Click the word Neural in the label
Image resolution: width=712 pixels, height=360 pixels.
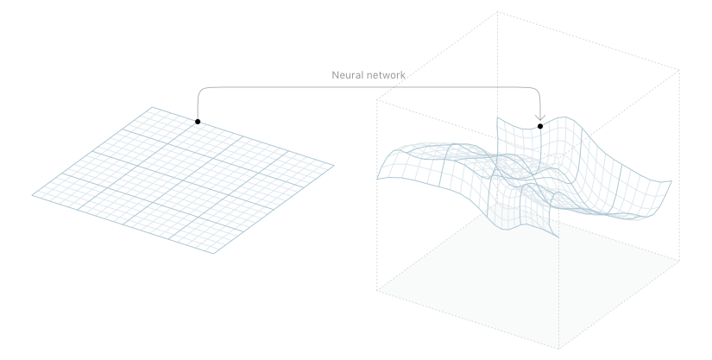[x=349, y=75]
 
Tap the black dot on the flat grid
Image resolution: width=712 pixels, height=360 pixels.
[x=198, y=122]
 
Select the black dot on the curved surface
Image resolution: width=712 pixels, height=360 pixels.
[x=540, y=127]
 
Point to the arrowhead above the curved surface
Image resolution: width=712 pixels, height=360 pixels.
[x=540, y=117]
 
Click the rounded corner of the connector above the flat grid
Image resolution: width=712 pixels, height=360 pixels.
[x=201, y=89]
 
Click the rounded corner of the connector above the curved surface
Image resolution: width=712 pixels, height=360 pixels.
[x=537, y=89]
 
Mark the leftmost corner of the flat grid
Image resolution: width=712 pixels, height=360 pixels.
[x=33, y=195]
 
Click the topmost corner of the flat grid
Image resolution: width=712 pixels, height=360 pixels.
[x=153, y=107]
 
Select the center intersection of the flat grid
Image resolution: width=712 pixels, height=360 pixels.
[x=182, y=180]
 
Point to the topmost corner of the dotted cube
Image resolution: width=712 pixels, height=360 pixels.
[x=498, y=11]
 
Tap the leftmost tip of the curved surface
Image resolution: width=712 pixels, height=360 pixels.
[x=377, y=178]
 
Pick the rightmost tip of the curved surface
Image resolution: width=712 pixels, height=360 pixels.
[x=671, y=180]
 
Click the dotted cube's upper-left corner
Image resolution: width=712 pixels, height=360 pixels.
[x=377, y=99]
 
